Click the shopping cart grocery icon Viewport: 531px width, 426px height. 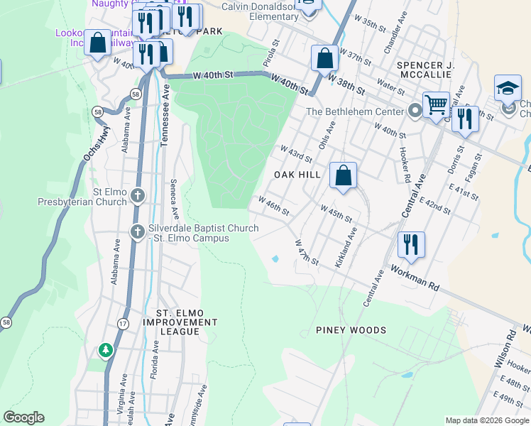pos(436,105)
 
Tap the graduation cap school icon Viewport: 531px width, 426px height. pos(508,88)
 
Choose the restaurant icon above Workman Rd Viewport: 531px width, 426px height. pos(411,245)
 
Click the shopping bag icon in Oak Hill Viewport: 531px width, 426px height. pos(343,175)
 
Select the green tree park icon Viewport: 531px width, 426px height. pos(106,349)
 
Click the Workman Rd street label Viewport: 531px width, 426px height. pos(415,277)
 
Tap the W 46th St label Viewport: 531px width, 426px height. pos(273,207)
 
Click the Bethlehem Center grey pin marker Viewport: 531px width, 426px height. pos(415,111)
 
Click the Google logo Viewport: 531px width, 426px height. pos(23,417)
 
